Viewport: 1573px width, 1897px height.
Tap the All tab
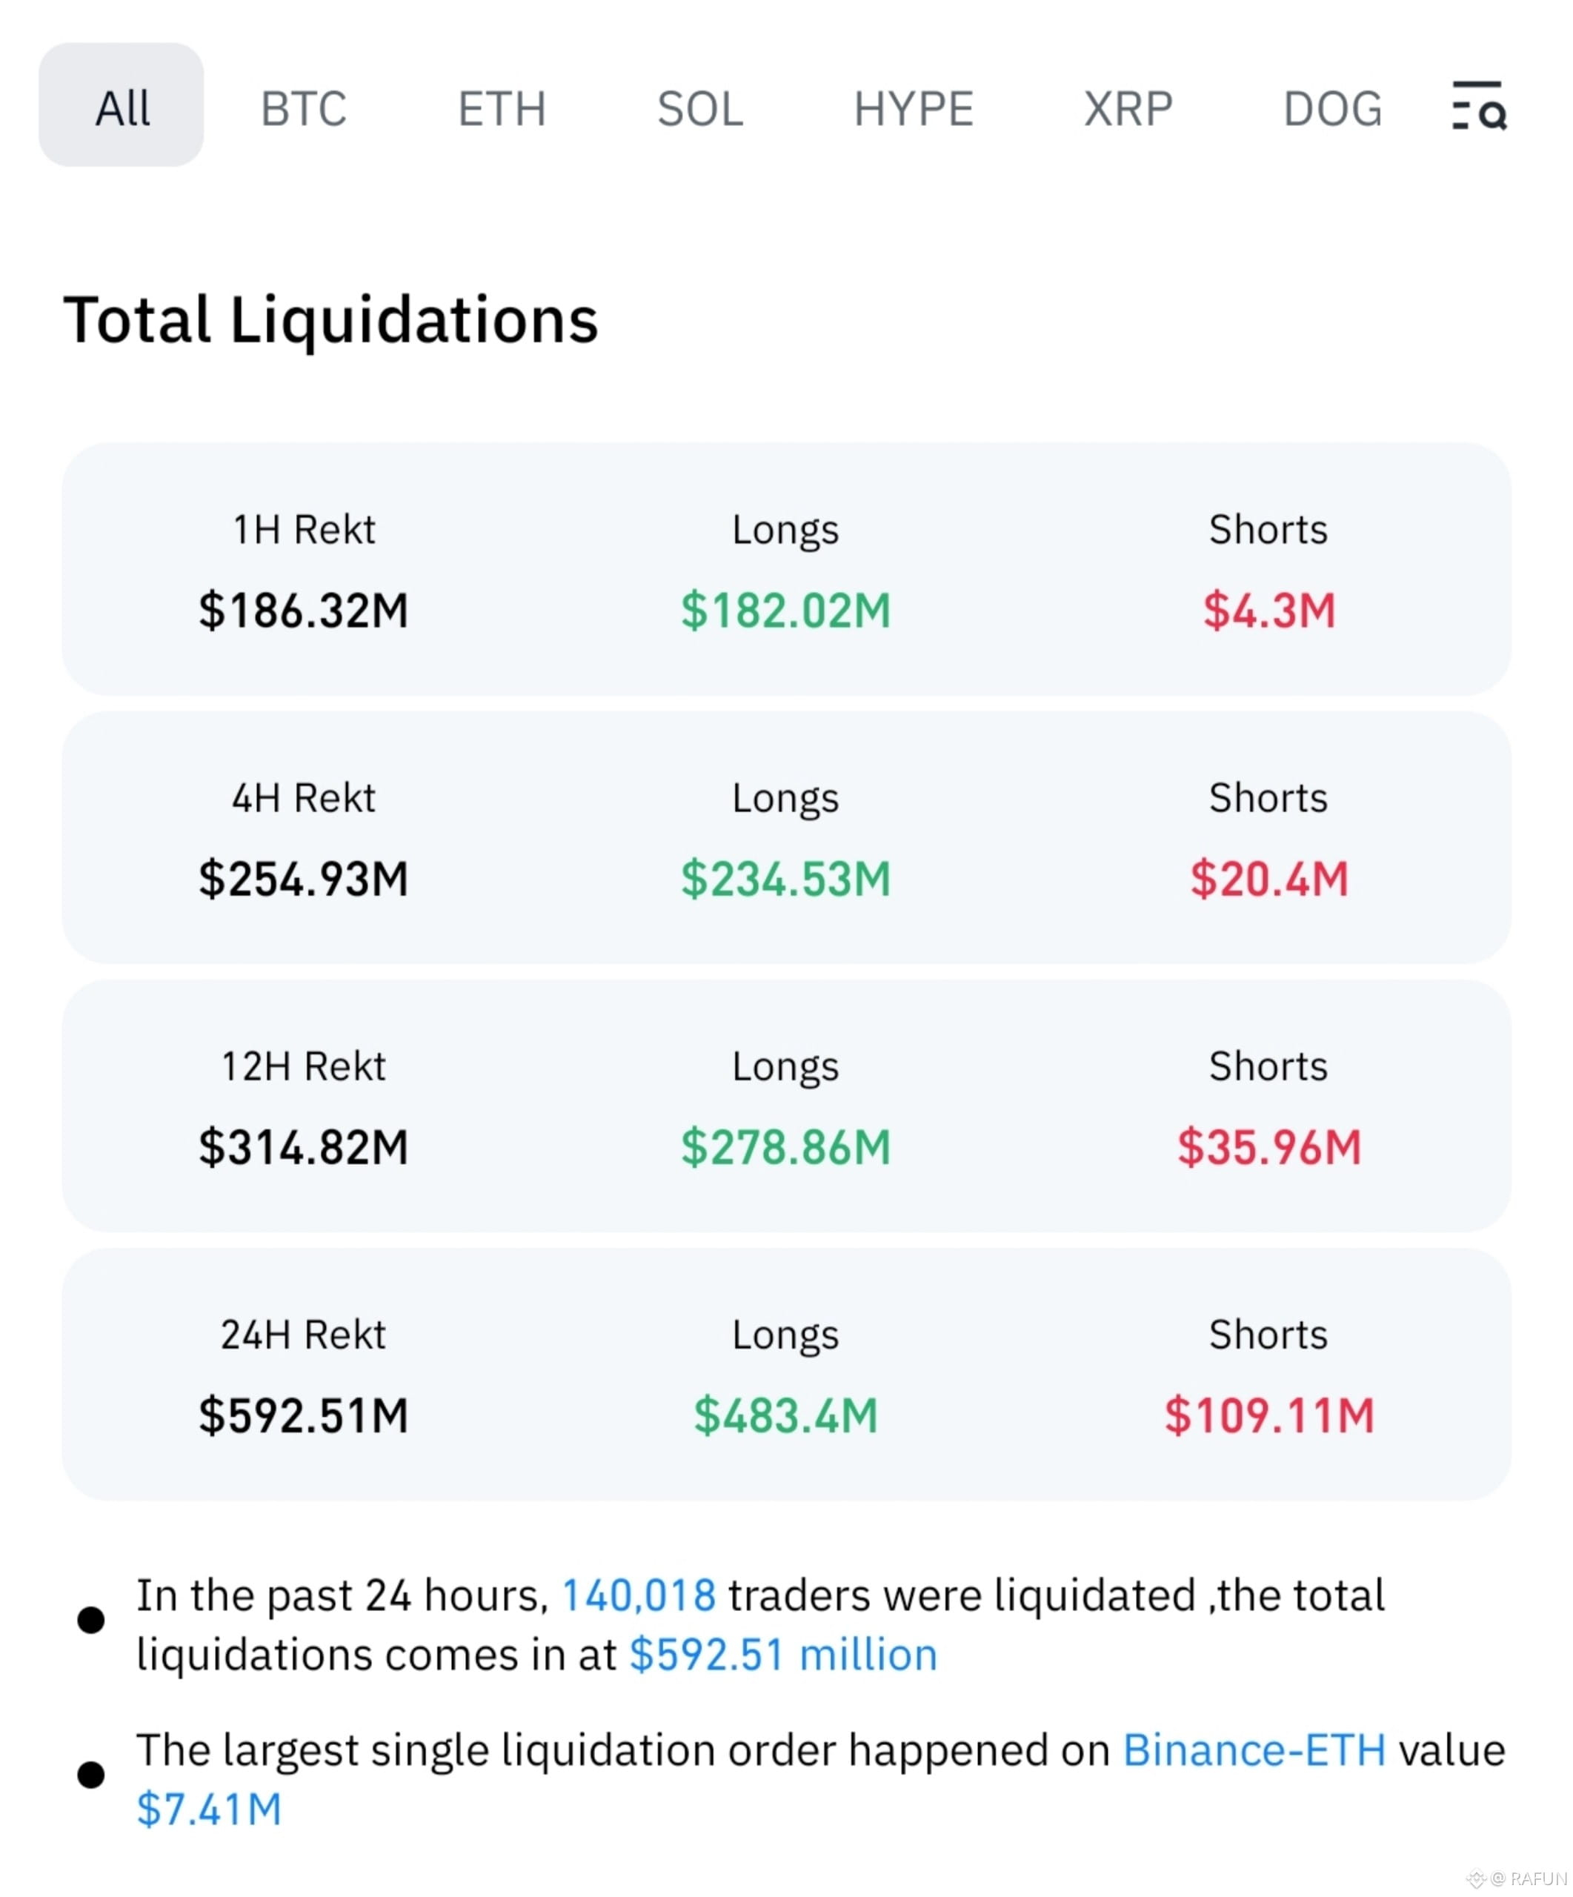click(x=121, y=104)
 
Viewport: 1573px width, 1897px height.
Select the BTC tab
click(x=303, y=108)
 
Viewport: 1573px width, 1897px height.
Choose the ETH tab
click(x=502, y=108)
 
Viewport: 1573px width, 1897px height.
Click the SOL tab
click(x=700, y=108)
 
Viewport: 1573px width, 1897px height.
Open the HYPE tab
click(x=914, y=108)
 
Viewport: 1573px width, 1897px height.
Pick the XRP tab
click(x=1128, y=108)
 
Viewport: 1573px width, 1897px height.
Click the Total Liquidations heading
click(x=330, y=321)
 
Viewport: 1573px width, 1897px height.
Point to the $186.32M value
click(x=303, y=611)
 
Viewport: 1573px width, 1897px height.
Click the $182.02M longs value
click(x=785, y=611)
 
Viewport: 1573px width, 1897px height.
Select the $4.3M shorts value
click(x=1268, y=611)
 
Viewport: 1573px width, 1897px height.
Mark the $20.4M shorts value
click(x=1268, y=879)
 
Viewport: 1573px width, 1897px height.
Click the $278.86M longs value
click(x=785, y=1147)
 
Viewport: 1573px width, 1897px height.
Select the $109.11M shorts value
click(x=1268, y=1415)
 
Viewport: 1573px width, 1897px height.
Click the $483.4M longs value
click(x=785, y=1415)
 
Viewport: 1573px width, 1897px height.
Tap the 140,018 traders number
click(x=639, y=1596)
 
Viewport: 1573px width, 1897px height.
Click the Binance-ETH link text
click(x=1254, y=1751)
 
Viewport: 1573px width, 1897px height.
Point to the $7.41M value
click(x=210, y=1810)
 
